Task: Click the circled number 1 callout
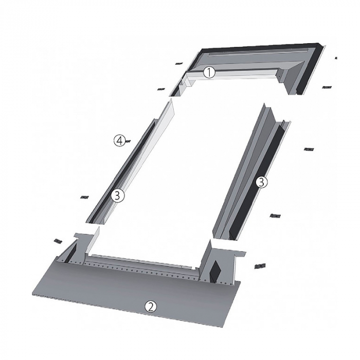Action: pyautogui.click(x=209, y=73)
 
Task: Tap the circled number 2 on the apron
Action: pyautogui.click(x=150, y=307)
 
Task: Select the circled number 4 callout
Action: pyautogui.click(x=120, y=140)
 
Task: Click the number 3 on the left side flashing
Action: pyautogui.click(x=117, y=196)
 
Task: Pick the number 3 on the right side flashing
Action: pyautogui.click(x=261, y=183)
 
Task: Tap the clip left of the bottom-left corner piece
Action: pyautogui.click(x=58, y=241)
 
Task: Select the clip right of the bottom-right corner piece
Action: pyautogui.click(x=260, y=266)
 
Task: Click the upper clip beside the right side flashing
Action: pyautogui.click(x=309, y=150)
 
